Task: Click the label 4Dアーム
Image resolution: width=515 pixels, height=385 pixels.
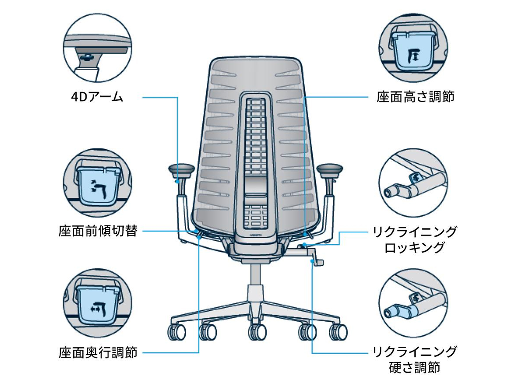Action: point(97,97)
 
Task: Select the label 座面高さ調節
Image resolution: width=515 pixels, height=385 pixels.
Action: point(415,97)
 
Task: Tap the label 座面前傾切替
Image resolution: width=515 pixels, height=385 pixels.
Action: point(98,231)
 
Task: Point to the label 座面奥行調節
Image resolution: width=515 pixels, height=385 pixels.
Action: point(98,353)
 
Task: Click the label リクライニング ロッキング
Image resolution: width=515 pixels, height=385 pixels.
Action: point(415,240)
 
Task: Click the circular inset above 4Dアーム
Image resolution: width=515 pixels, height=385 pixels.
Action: point(98,48)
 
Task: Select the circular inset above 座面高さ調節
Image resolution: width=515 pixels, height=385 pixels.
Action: point(413,48)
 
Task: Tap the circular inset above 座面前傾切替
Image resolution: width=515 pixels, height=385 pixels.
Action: point(98,183)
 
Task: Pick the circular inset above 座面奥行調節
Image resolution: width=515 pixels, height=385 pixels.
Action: point(98,303)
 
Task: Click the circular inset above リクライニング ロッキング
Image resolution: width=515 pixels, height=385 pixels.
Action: point(413,183)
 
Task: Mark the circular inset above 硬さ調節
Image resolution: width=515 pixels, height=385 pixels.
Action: point(413,303)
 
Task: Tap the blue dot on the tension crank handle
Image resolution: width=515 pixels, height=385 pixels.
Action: point(312,261)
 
